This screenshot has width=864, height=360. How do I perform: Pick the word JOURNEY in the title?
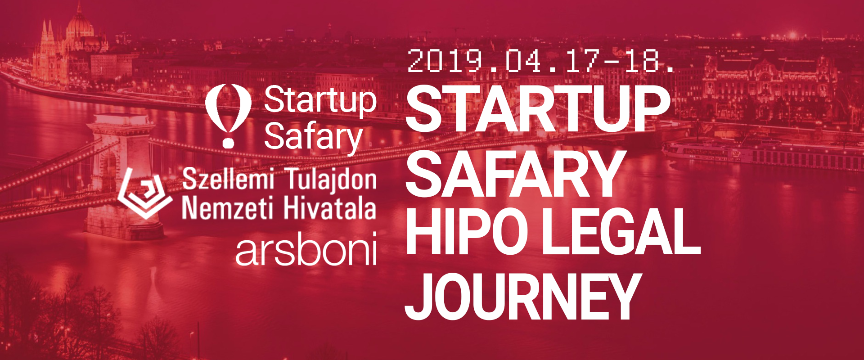click(522, 296)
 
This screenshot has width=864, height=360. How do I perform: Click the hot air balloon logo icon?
click(228, 115)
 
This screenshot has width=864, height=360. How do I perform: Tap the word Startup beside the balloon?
click(320, 101)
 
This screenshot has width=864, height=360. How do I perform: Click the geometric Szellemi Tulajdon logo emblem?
click(145, 193)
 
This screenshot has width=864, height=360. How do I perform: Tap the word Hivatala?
click(329, 208)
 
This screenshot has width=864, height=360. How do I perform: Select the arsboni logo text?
click(306, 250)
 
